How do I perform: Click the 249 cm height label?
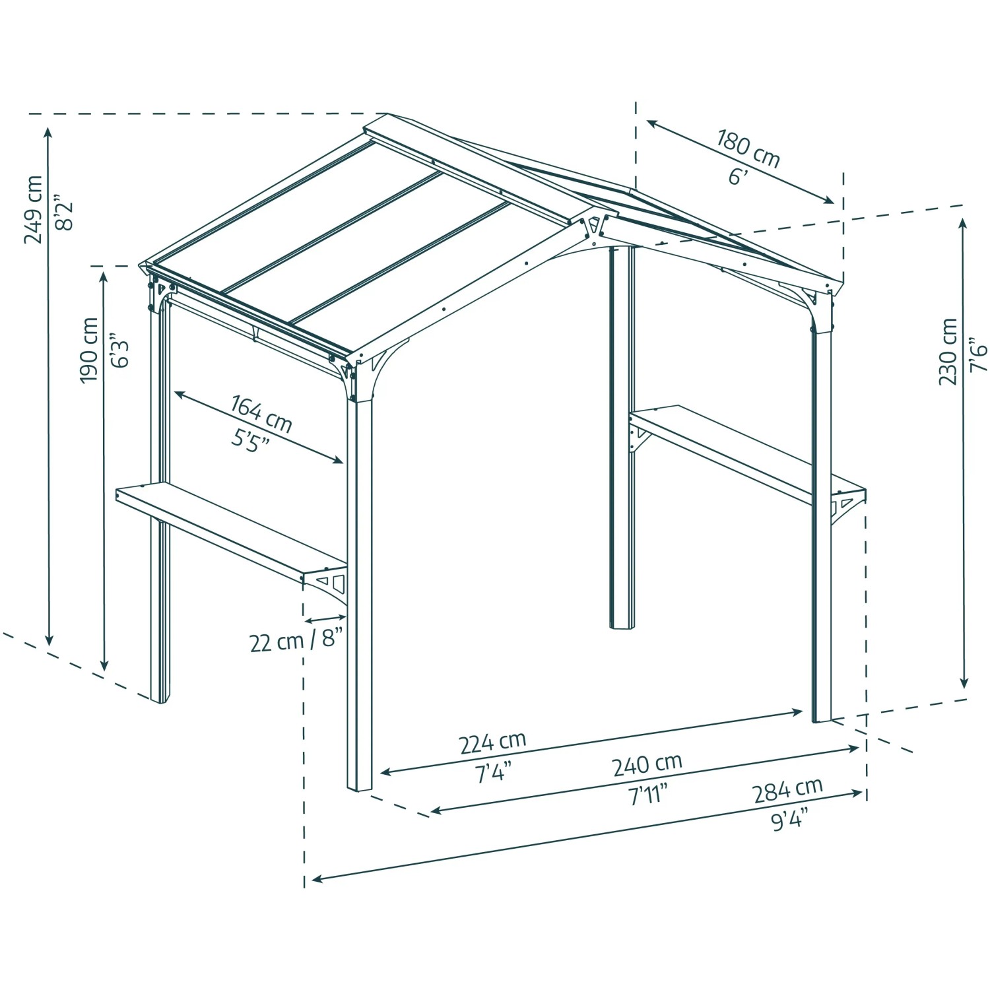pyautogui.click(x=33, y=209)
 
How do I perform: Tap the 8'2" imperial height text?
pyautogui.click(x=64, y=211)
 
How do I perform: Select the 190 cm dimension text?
pyautogui.click(x=88, y=350)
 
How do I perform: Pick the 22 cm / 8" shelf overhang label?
pyautogui.click(x=296, y=641)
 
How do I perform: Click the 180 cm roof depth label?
pyautogui.click(x=748, y=149)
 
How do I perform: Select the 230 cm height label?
pyautogui.click(x=948, y=351)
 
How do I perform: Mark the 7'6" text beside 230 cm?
pyautogui.click(x=979, y=354)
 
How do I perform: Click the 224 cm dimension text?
pyautogui.click(x=492, y=742)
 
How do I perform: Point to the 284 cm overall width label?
pyautogui.click(x=788, y=789)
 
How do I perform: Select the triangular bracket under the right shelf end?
pyautogui.click(x=846, y=507)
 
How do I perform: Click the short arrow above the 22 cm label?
pyautogui.click(x=326, y=618)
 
